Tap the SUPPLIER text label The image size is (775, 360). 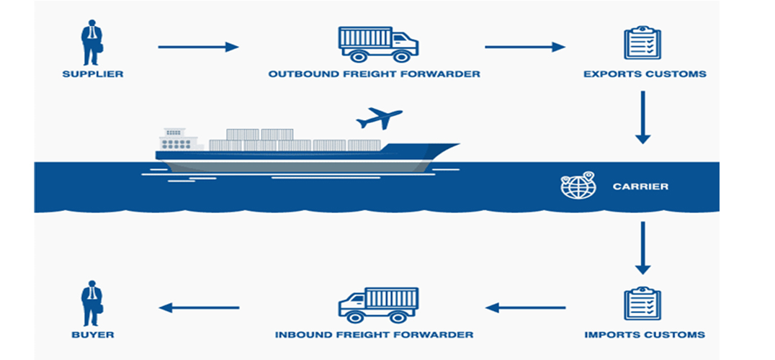point(92,74)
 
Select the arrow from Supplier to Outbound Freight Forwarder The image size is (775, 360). point(198,47)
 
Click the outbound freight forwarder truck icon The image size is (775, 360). point(378,43)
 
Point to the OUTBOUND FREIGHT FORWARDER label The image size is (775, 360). point(374,74)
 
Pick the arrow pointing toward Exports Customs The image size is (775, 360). point(525,47)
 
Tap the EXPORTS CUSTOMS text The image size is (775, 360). point(645,74)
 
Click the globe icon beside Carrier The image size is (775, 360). point(578,186)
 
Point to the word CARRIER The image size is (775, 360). point(640,186)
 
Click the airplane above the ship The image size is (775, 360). point(380,118)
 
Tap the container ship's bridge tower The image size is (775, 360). point(173,138)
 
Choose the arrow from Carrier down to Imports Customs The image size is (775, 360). point(642,248)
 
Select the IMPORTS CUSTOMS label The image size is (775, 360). point(645,335)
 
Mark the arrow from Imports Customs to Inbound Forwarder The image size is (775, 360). point(525,307)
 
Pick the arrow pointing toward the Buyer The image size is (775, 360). point(198,307)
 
